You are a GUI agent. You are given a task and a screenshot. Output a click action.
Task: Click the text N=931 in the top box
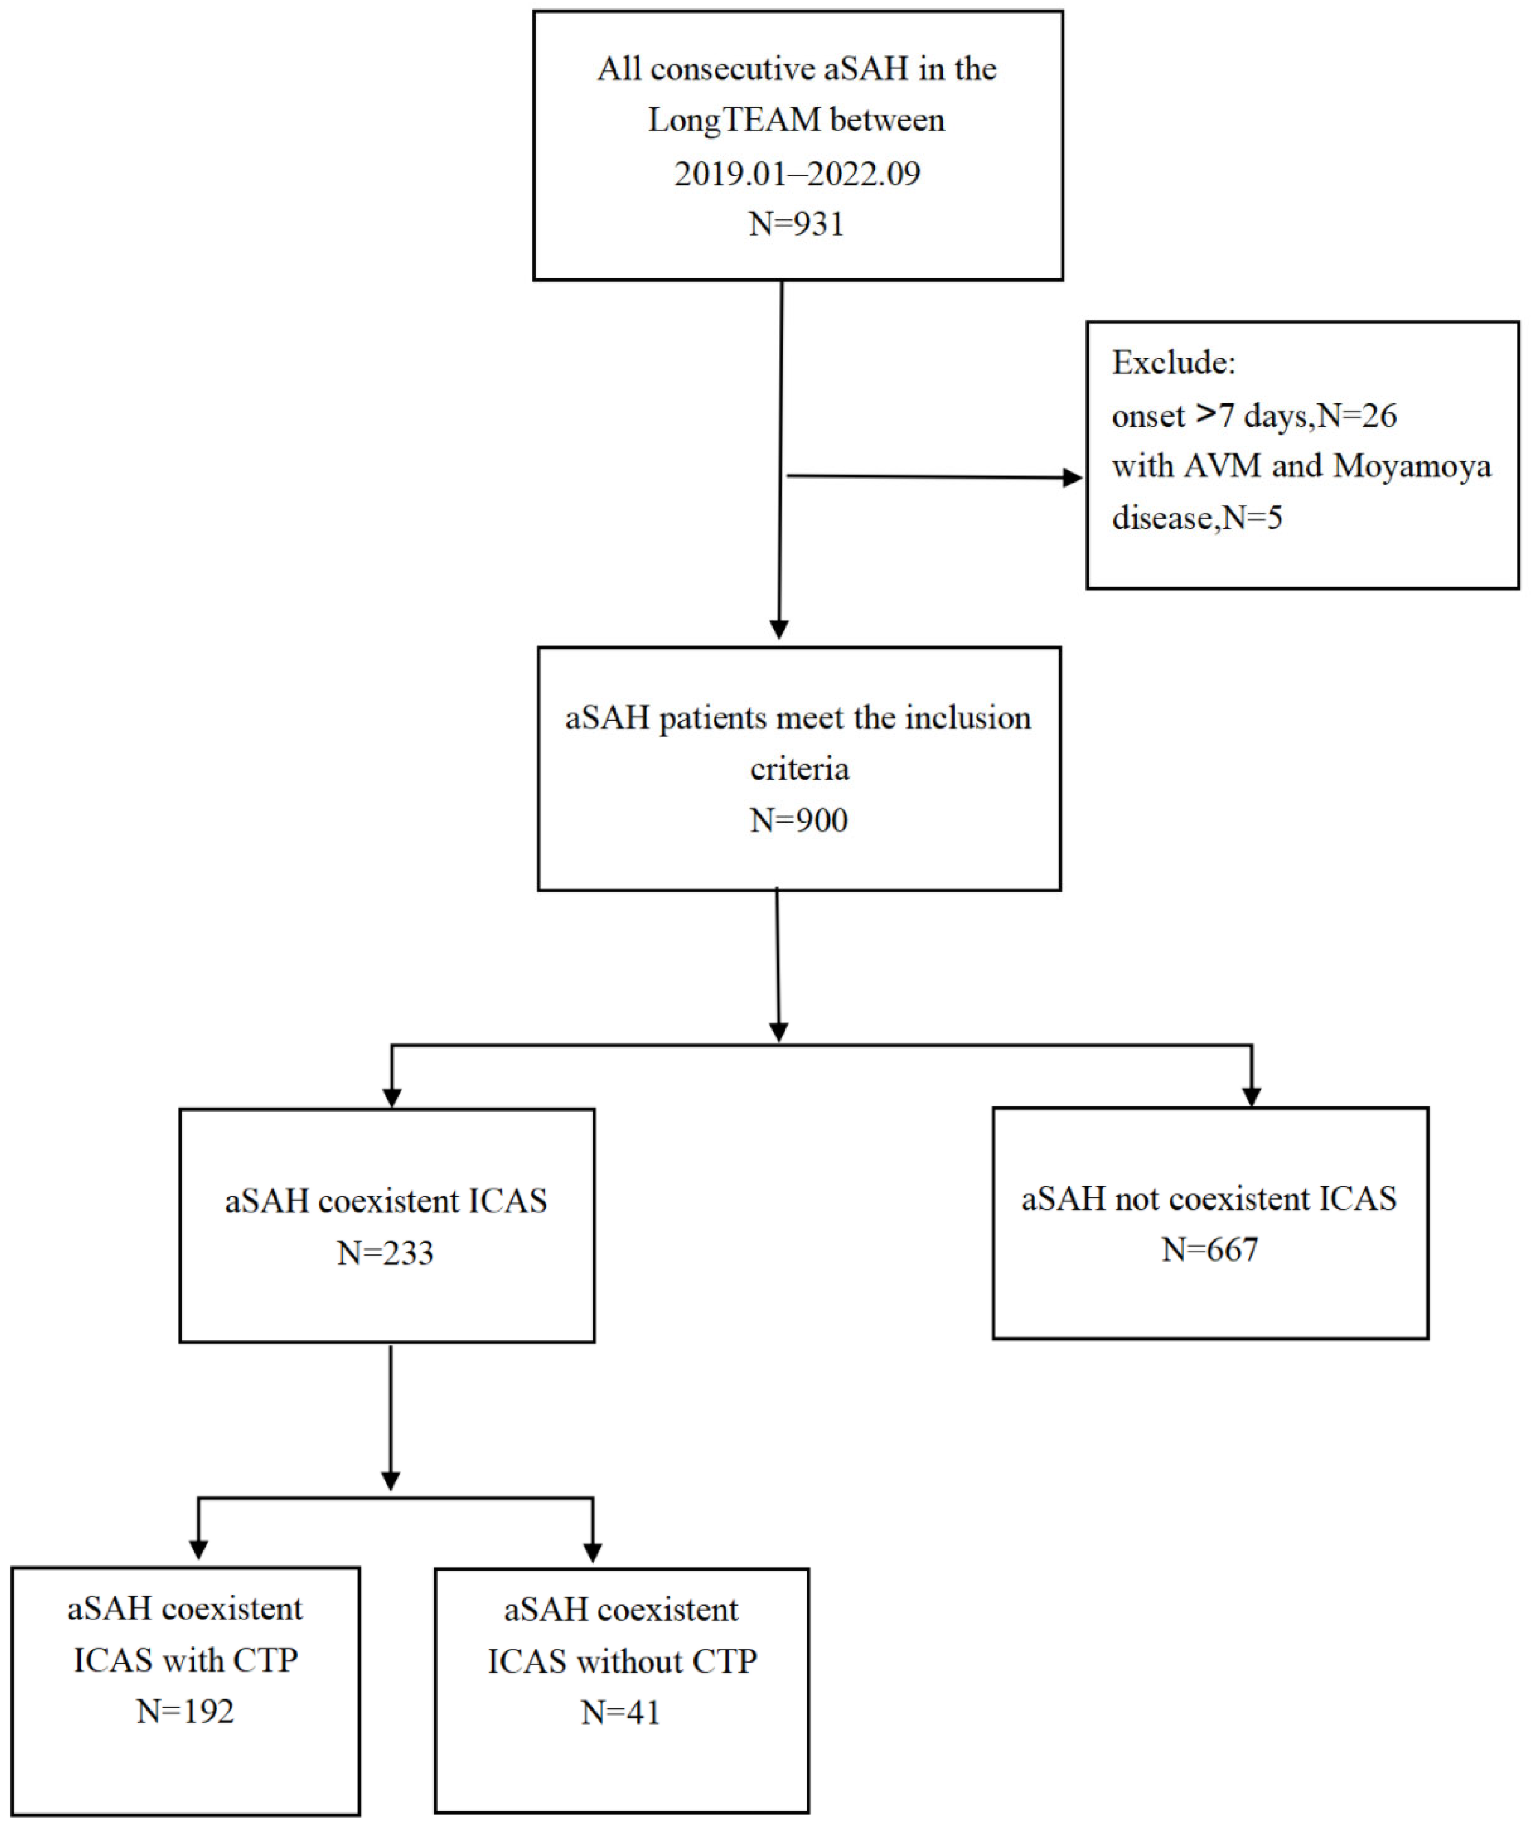(796, 224)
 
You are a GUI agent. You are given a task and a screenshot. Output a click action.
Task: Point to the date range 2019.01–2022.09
(796, 173)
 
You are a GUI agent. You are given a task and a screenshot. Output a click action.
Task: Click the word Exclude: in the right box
(1173, 362)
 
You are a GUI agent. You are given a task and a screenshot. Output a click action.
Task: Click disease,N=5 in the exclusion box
(1196, 518)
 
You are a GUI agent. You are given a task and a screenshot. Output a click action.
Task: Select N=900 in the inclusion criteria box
(798, 820)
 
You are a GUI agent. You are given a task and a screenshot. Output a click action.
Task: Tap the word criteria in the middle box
(799, 769)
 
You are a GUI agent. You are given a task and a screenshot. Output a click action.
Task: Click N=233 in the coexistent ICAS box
(385, 1253)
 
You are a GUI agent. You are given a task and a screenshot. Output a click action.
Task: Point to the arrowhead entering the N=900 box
(779, 629)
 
